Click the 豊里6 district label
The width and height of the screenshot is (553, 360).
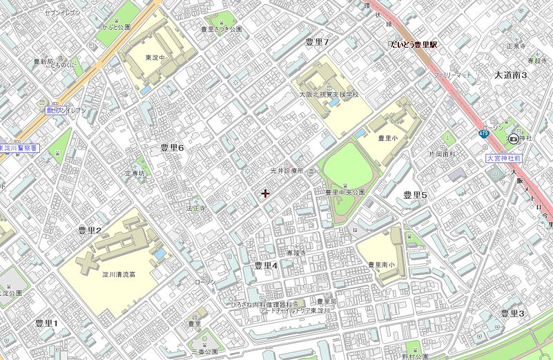point(172,148)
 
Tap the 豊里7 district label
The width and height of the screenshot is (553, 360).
point(317,43)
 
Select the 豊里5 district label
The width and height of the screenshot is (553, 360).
point(416,196)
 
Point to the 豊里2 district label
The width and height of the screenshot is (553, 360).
point(90,231)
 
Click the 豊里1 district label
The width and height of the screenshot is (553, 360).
point(47,323)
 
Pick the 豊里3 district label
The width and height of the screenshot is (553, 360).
point(512,314)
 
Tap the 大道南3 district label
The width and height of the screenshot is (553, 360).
point(511,75)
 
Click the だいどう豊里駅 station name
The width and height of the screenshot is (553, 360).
point(414,45)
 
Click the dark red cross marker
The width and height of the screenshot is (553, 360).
point(265,193)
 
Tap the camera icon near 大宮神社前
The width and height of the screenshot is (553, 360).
point(513,139)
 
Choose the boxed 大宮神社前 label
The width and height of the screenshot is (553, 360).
point(503,158)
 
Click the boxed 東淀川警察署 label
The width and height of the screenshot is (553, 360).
point(19,148)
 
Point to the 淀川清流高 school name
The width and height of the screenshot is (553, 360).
point(119,274)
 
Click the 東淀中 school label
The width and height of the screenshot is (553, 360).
point(155,57)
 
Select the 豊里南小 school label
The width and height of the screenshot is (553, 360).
point(380,265)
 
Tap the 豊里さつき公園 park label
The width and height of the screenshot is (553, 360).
point(221,30)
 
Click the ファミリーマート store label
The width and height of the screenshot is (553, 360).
point(452,73)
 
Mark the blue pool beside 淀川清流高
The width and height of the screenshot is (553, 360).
point(160,254)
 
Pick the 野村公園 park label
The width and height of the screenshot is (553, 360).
point(415,357)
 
